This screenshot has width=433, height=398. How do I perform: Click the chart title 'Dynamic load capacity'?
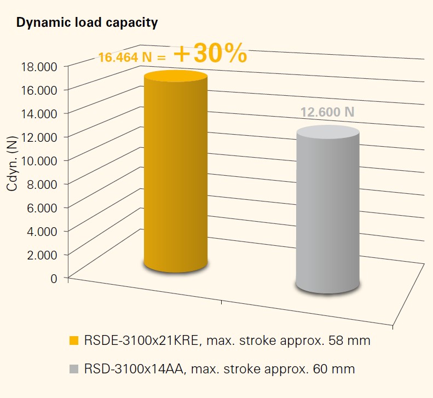tap(88, 23)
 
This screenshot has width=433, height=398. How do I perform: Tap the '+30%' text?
tap(210, 55)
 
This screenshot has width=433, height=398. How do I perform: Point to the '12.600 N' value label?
tap(327, 112)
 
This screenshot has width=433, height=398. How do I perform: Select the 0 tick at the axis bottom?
tap(54, 278)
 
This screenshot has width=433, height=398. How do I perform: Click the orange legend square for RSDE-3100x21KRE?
tap(73, 341)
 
